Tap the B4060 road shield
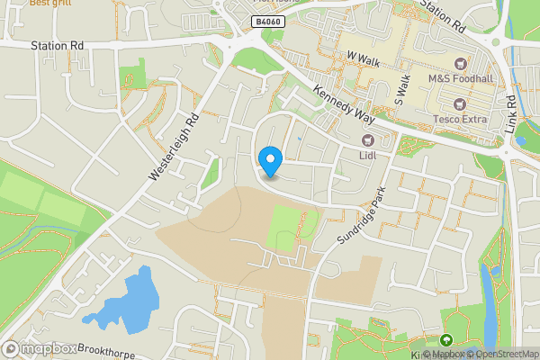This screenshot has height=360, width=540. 264,21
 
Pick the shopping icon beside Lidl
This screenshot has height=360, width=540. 367,139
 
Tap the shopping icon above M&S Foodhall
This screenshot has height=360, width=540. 462,63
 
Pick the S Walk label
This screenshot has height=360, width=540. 401,91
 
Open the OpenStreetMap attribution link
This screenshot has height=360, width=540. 504,354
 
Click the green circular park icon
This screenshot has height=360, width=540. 445,340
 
